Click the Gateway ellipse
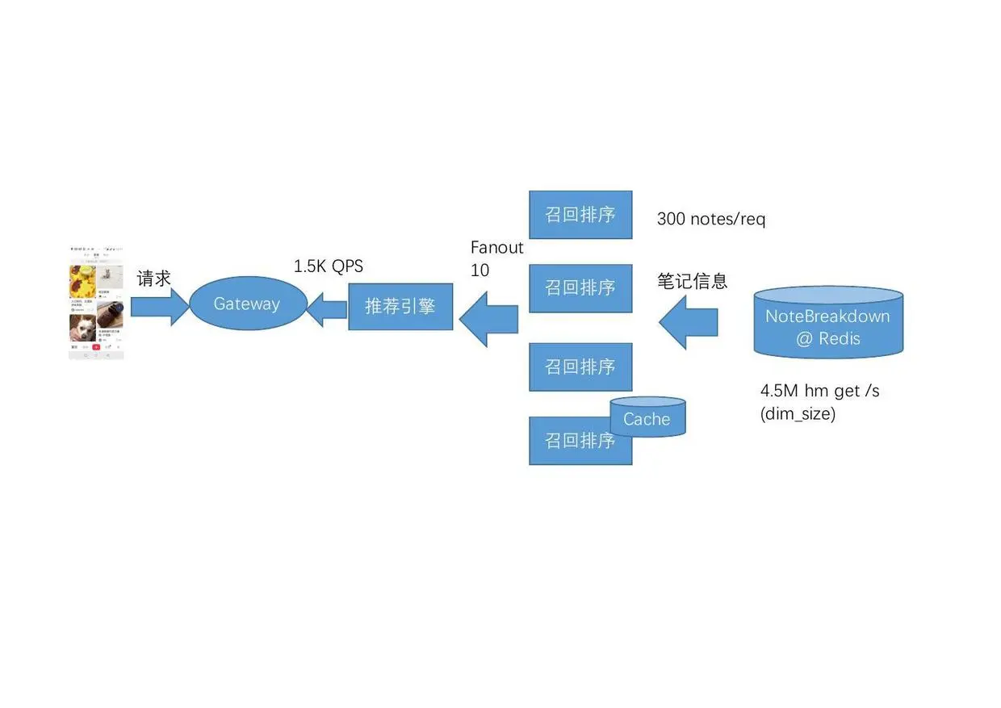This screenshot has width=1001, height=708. point(247,304)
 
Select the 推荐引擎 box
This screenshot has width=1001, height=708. point(400,306)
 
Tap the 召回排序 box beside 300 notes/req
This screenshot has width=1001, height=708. point(580,215)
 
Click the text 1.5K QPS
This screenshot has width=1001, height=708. point(328,266)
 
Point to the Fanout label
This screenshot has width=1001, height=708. point(496,248)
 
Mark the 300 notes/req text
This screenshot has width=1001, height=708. point(710,219)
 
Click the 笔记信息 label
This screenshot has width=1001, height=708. point(692,281)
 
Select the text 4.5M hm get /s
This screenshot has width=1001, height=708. point(819,391)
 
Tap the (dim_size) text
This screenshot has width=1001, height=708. point(798,414)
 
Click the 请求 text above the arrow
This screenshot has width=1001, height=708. point(154,279)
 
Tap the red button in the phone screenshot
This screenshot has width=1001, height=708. point(96,347)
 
